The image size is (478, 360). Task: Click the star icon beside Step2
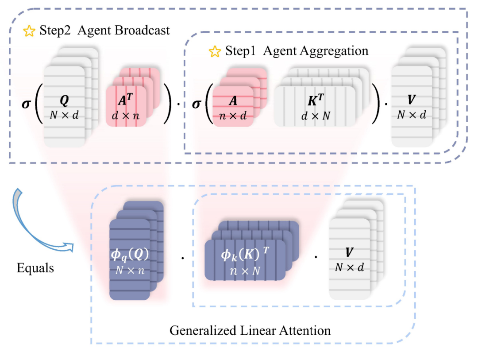(29, 31)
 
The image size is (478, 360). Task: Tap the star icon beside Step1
(215, 51)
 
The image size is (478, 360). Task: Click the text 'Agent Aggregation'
(316, 51)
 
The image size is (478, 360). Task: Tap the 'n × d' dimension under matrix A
(232, 116)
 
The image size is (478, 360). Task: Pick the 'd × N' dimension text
(315, 116)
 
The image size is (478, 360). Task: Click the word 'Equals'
(35, 268)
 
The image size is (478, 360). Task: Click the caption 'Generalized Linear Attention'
(250, 330)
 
